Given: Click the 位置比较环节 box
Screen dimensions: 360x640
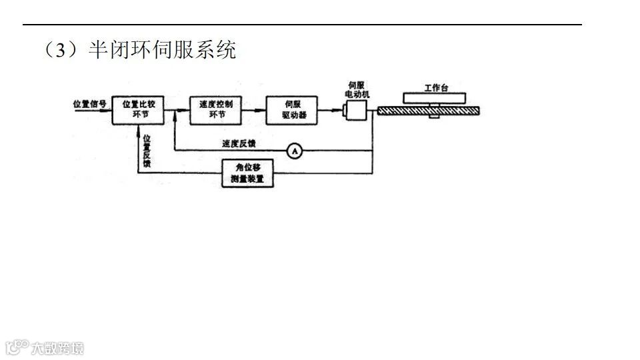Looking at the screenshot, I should pos(138,109).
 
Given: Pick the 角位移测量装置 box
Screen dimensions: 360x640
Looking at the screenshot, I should pos(247,173).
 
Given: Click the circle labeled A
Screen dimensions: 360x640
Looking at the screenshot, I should pos(294,151).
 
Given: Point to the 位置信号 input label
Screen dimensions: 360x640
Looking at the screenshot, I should pos(89,103).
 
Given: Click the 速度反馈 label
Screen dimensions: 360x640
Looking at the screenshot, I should pos(239,143).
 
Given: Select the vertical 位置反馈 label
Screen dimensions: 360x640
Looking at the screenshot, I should pos(147,150).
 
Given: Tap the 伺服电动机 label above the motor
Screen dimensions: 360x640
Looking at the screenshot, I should pos(355,89).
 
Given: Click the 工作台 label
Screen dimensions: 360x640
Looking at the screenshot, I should pos(436,87).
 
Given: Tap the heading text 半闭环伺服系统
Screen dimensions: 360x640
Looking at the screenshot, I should pos(163,51).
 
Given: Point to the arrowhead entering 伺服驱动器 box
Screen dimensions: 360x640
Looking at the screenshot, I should pos(262,110).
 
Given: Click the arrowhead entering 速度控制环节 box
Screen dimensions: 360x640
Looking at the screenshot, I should pos(186,110).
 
